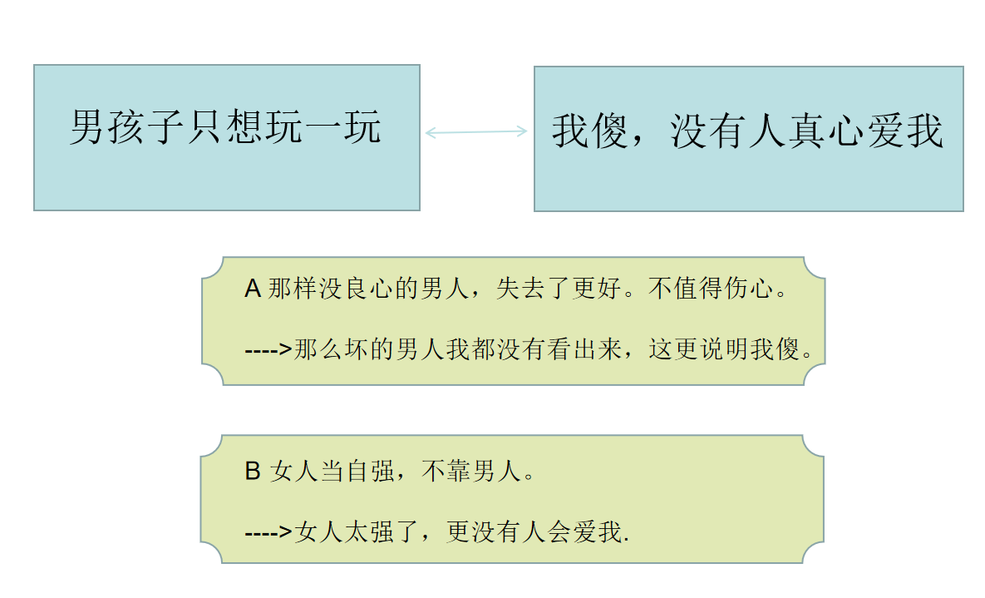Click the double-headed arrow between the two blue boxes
(x=476, y=131)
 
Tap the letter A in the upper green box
(x=253, y=289)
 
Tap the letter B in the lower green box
(x=253, y=472)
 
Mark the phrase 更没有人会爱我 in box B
(x=534, y=532)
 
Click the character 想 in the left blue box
(x=244, y=128)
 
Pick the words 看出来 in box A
(x=582, y=350)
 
